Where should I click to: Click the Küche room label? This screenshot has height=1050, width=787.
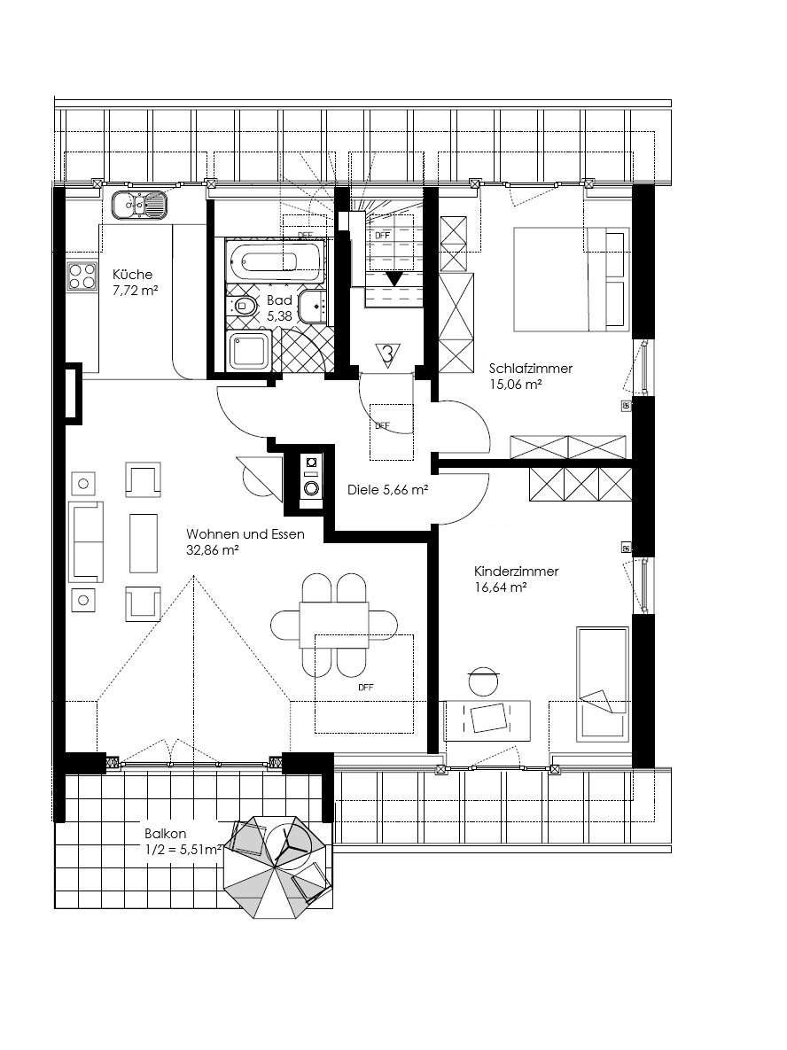point(132,275)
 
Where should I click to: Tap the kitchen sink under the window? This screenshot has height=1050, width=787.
point(138,205)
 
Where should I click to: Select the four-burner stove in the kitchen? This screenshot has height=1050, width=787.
point(82,276)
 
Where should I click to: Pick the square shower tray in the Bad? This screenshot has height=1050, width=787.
point(249,353)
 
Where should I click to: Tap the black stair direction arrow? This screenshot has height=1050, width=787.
point(394,278)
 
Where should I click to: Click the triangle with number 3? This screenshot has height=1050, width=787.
point(387,353)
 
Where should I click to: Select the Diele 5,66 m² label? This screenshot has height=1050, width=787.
point(388,490)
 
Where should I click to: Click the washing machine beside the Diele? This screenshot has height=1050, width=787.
point(311,478)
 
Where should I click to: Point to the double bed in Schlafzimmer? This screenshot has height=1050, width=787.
point(572,279)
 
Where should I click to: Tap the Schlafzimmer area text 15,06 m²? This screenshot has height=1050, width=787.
point(515,385)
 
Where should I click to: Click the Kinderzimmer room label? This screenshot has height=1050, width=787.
point(517,572)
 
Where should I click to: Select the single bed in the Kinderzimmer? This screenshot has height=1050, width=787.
point(603,685)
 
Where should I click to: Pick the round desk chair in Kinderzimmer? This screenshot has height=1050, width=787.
point(484,681)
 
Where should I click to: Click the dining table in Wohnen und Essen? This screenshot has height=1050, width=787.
point(333,625)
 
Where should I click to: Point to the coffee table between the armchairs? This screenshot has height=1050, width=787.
point(144,543)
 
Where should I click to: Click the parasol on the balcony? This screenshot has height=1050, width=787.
point(277,867)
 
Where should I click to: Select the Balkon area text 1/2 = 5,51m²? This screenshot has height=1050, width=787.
point(183,850)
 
